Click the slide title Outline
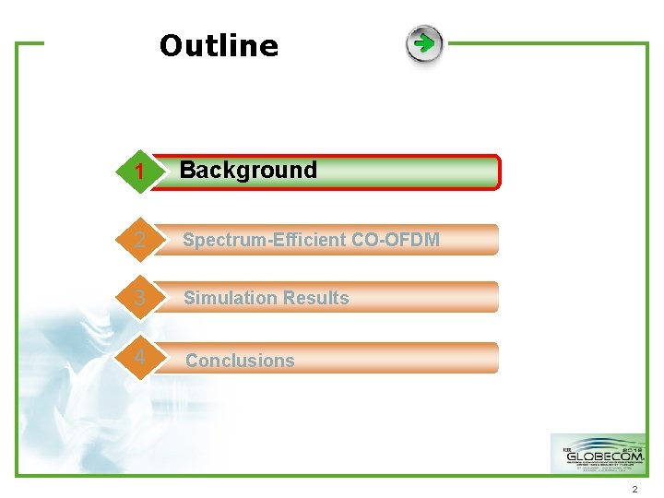[x=219, y=45]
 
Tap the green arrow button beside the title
[x=424, y=44]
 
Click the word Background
[x=248, y=170]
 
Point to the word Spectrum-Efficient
[x=264, y=240]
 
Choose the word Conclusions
[x=240, y=361]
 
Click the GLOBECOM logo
[x=598, y=454]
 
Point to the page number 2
[x=635, y=489]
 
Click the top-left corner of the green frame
[x=18, y=43]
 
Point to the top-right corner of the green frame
[x=647, y=43]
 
